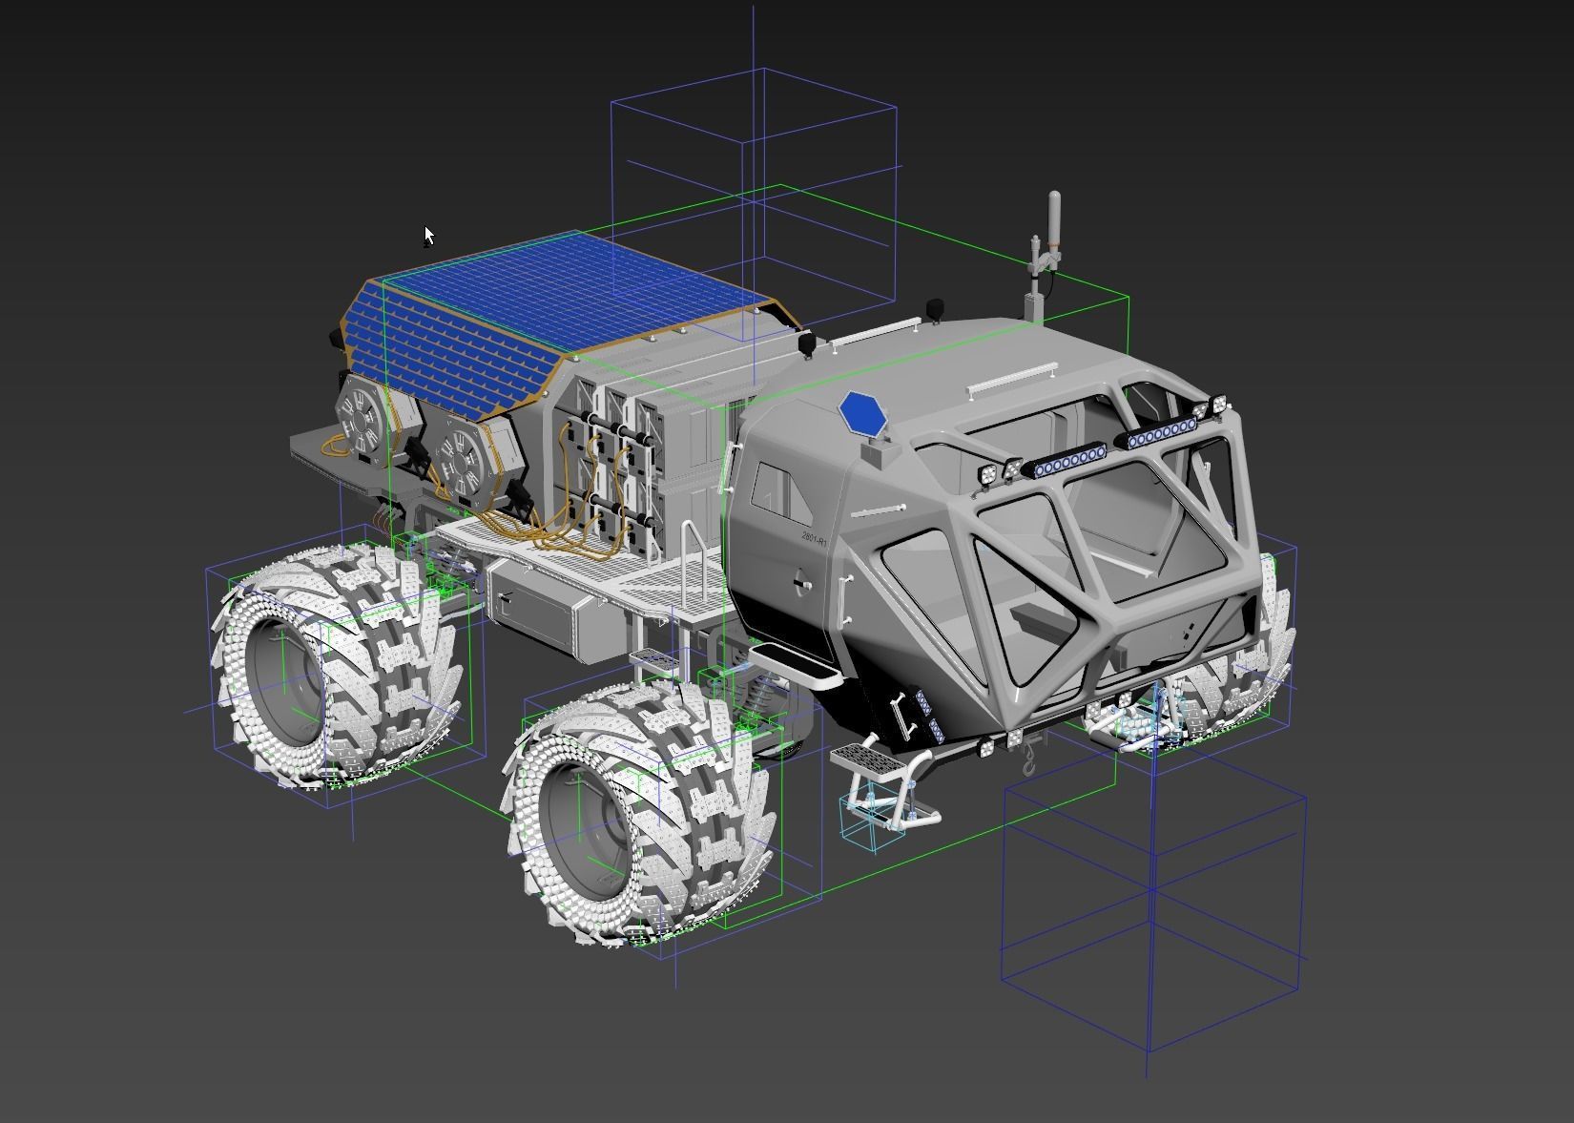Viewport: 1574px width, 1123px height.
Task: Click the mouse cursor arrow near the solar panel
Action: coord(429,235)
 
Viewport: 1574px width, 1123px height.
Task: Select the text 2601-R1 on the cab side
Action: coord(815,538)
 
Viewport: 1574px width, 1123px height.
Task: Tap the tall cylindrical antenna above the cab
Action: coord(1054,217)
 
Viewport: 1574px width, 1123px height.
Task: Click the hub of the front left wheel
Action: coord(582,821)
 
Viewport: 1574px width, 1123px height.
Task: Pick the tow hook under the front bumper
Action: coord(1030,759)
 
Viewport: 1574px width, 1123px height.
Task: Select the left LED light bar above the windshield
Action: coord(1064,464)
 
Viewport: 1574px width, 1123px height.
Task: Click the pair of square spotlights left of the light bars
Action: coord(998,470)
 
